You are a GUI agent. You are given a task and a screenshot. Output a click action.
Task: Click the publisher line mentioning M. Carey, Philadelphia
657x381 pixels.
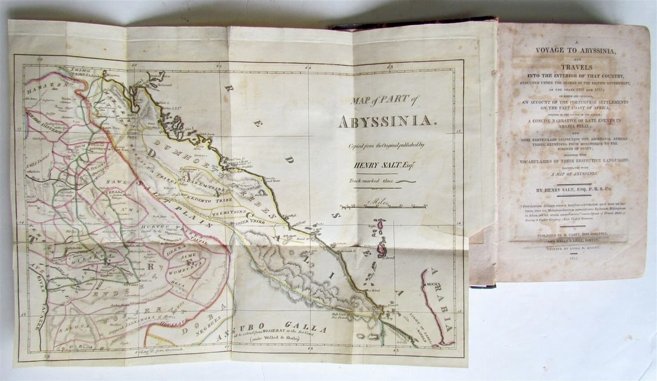(x=572, y=235)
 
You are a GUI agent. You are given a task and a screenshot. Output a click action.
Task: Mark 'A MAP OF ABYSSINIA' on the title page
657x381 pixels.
(x=572, y=174)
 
